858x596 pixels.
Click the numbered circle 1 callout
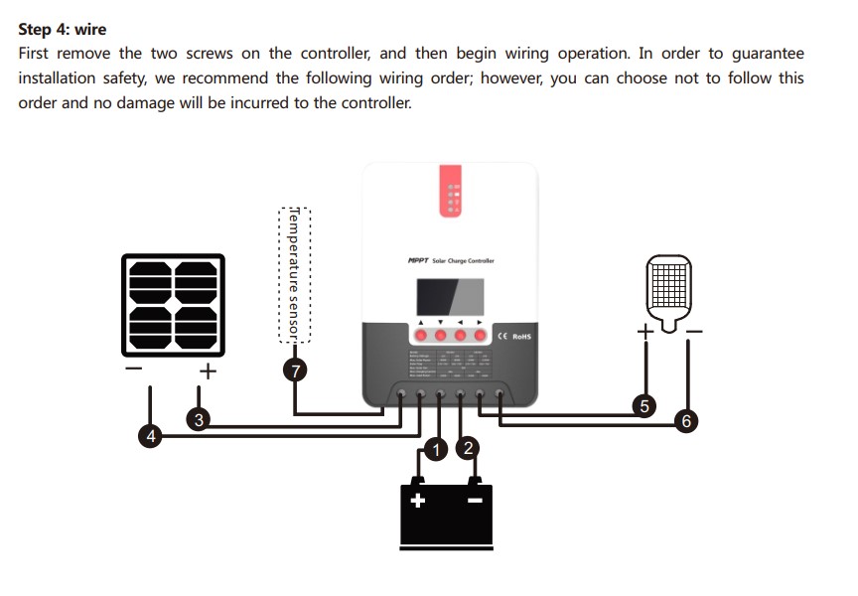point(434,450)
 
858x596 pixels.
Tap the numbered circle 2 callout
point(468,449)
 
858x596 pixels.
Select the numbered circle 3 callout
point(199,420)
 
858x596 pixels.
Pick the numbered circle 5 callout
point(644,405)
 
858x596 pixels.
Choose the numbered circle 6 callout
point(684,421)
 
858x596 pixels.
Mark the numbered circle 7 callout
point(295,372)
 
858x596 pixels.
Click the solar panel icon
point(173,305)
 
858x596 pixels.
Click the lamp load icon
point(666,288)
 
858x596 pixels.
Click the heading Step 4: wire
point(63,30)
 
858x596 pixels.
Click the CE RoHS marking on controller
point(515,337)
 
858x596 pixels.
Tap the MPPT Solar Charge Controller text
point(451,260)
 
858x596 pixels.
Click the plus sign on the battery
point(419,500)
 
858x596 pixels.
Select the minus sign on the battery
point(475,500)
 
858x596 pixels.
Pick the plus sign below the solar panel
point(208,372)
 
